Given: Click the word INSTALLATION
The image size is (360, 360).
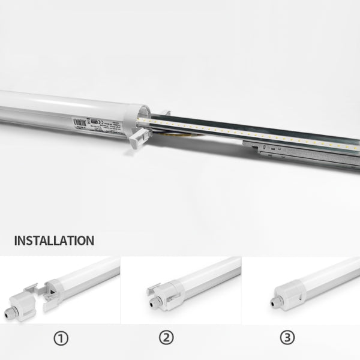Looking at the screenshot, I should click(54, 241).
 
